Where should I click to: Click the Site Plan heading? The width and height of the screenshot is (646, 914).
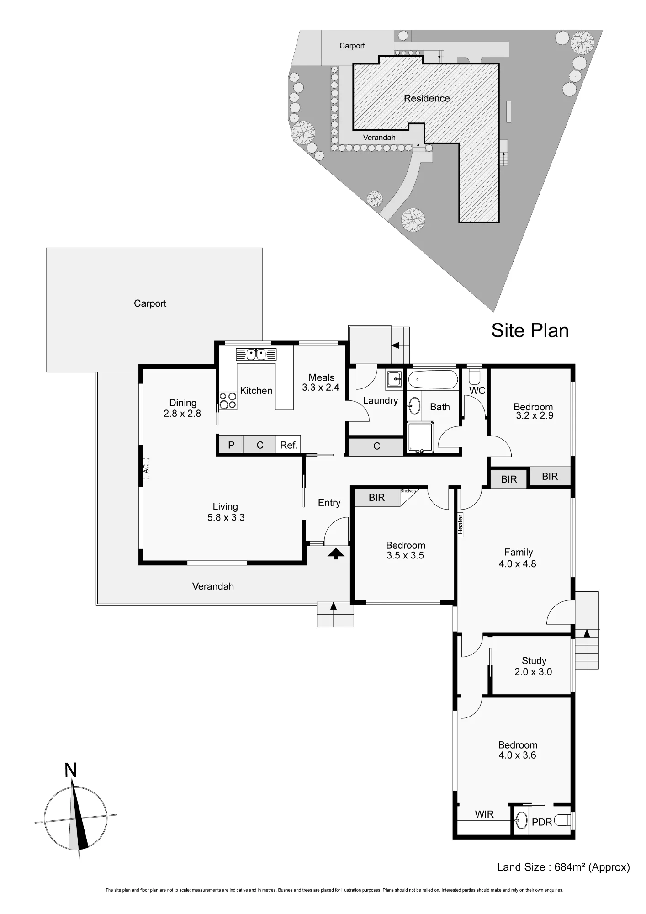pos(530,330)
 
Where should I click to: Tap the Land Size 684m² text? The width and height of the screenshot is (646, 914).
pos(563,867)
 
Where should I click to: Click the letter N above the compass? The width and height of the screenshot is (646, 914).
pos(70,771)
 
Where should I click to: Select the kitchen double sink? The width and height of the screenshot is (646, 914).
pos(256,355)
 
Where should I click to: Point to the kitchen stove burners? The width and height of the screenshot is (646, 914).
pos(228,401)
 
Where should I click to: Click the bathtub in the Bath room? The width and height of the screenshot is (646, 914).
pos(432,380)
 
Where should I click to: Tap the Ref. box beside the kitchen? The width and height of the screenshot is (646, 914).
pos(288,445)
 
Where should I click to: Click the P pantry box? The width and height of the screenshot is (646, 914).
pos(231,445)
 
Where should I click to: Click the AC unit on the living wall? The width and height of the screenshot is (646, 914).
pos(146,468)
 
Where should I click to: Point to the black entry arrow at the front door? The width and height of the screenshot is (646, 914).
pos(336,554)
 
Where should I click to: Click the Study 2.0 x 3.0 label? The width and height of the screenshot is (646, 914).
pos(534,666)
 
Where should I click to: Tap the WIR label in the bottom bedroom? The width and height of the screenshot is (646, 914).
pos(484,814)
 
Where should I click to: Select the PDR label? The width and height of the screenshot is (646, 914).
pos(542,822)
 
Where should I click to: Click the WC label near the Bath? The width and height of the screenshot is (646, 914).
pos(477,390)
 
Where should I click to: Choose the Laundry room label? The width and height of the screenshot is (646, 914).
pos(381,400)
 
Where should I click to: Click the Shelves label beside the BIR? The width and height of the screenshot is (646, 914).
pos(408,491)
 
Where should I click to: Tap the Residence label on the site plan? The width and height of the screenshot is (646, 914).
pos(427,98)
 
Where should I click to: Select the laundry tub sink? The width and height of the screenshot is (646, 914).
pos(394,378)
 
